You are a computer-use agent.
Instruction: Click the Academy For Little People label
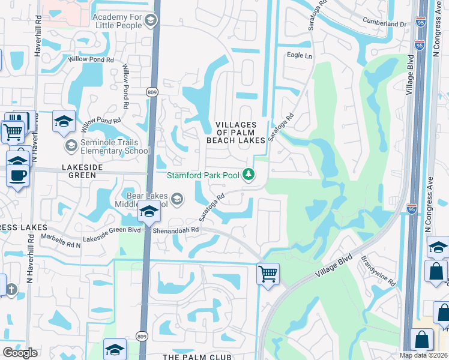pos(118,22)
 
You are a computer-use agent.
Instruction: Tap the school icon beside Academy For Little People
pos(150,22)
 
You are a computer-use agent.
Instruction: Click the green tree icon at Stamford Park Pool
pos(249,175)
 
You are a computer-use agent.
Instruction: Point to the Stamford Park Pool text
pos(203,175)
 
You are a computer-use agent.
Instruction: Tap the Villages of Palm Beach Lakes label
pos(236,132)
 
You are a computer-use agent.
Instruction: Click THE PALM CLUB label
pos(197,357)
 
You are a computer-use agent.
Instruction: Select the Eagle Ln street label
pos(300,56)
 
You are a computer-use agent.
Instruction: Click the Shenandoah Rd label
pos(175,229)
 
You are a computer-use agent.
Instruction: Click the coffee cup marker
pos(17,175)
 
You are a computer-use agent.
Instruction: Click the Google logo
pos(20,353)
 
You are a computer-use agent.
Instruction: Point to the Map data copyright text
pos(423,355)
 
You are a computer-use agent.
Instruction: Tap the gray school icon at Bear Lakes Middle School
pos(177,198)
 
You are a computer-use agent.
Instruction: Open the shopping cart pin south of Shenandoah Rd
pos(268,274)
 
